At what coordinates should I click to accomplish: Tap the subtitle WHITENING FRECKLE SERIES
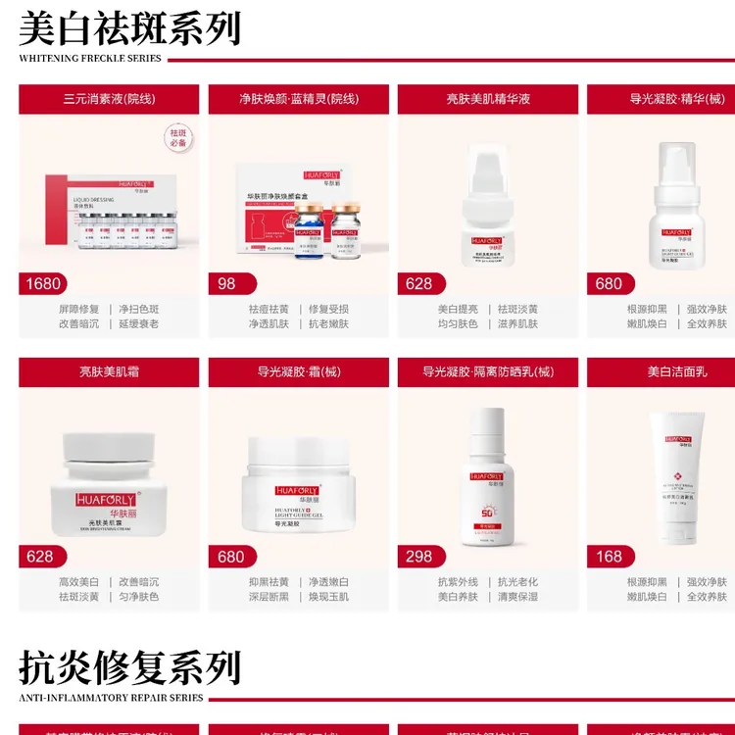tap(90, 59)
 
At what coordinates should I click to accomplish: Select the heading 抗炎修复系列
tap(129, 667)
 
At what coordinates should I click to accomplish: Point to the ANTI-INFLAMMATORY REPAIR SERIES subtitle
tap(111, 698)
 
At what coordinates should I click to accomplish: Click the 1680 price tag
tap(43, 283)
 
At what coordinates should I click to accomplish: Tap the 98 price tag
tap(226, 283)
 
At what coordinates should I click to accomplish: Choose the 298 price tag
tap(418, 556)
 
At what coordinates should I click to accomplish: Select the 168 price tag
tap(609, 556)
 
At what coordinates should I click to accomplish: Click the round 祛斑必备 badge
tap(177, 137)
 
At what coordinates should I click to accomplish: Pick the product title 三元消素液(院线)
tap(109, 99)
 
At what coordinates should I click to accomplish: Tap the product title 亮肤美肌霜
tap(109, 371)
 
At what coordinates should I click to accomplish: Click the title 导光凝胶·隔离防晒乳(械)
tap(488, 371)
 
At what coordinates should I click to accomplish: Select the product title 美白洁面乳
tap(676, 371)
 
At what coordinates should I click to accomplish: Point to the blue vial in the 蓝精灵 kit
tap(309, 231)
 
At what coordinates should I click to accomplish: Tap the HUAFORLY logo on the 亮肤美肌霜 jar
tap(107, 499)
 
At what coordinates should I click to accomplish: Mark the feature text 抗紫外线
tap(458, 581)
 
